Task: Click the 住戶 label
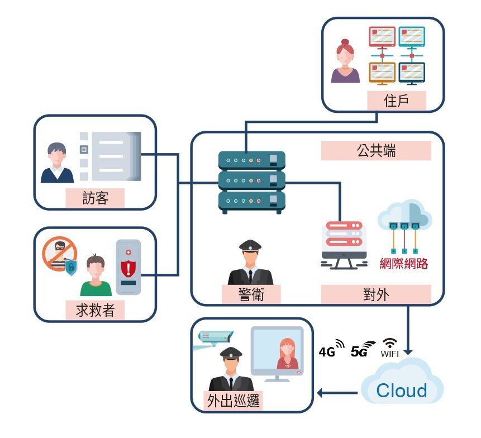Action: coord(397,101)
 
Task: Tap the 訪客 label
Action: coord(94,198)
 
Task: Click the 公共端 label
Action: coord(376,151)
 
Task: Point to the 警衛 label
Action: coord(251,294)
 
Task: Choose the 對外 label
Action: coord(375,294)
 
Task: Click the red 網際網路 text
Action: coord(403,263)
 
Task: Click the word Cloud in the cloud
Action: coord(402,391)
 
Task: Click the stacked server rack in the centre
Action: coord(251,182)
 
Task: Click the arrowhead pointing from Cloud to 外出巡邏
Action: coord(322,393)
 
